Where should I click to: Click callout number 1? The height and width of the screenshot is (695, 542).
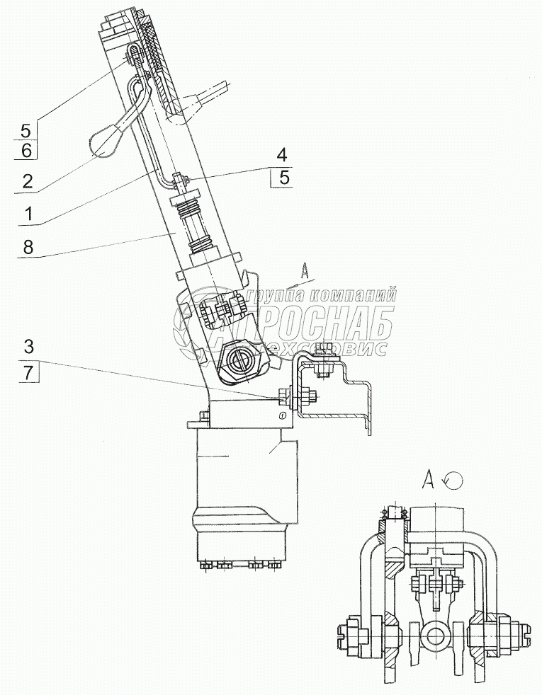click(28, 214)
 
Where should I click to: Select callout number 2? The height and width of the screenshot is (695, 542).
click(28, 182)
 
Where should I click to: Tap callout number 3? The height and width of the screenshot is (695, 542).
click(28, 347)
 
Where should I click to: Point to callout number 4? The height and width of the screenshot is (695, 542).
click(281, 155)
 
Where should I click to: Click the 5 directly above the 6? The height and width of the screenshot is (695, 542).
click(26, 131)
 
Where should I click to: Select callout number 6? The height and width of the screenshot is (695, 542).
click(26, 151)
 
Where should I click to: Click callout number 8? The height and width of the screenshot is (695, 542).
click(28, 247)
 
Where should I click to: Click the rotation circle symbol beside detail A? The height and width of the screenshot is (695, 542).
click(454, 480)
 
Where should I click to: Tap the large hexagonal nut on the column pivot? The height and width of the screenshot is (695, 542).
click(240, 360)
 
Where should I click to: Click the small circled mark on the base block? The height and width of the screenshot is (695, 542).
click(283, 415)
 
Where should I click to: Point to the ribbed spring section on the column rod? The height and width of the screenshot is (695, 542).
click(198, 224)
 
